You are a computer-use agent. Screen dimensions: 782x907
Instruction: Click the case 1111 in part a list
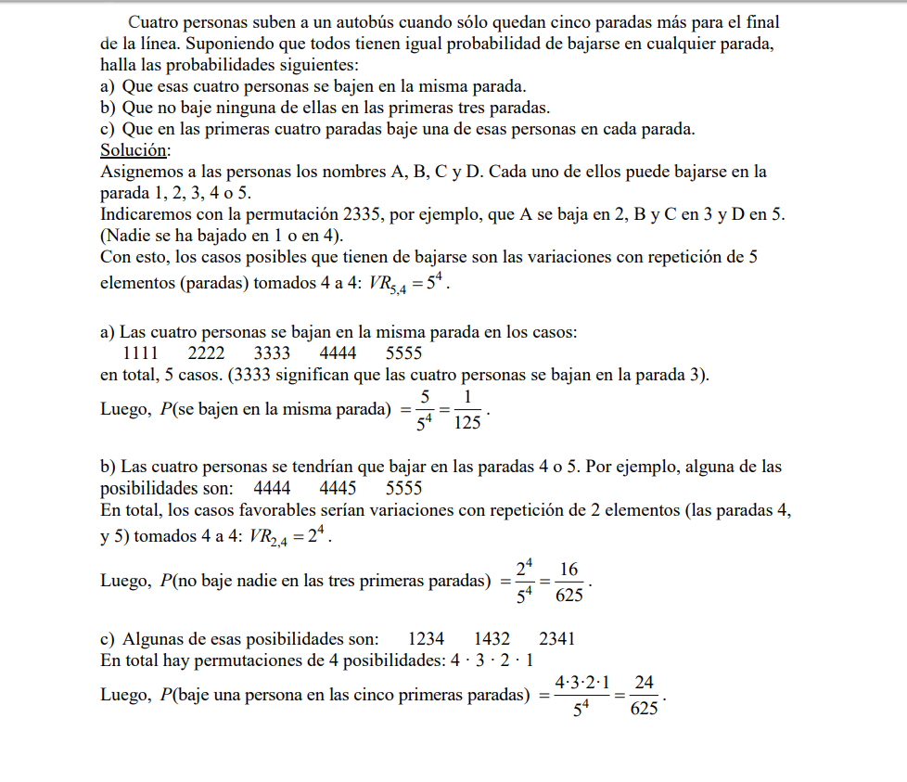pyautogui.click(x=141, y=353)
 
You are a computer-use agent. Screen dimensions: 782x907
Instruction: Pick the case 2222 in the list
pyautogui.click(x=206, y=353)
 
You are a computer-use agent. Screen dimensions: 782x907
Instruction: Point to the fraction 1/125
pyautogui.click(x=468, y=410)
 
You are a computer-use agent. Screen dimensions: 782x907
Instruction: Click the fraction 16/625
pyautogui.click(x=569, y=582)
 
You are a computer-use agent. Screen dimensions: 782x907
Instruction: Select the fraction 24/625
pyautogui.click(x=644, y=696)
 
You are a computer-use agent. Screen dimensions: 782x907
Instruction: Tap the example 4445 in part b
pyautogui.click(x=338, y=488)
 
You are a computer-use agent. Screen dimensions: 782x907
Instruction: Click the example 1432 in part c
pyautogui.click(x=492, y=638)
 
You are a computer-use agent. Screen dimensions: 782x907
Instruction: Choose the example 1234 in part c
pyautogui.click(x=426, y=638)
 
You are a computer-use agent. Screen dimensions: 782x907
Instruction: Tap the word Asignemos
pyautogui.click(x=137, y=172)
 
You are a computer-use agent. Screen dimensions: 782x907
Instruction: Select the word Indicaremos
pyautogui.click(x=146, y=214)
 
